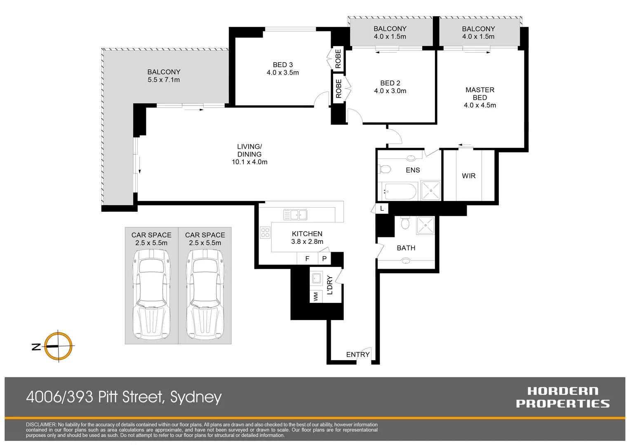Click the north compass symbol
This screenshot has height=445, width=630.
click(x=58, y=346)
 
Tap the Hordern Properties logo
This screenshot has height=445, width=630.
click(x=562, y=397)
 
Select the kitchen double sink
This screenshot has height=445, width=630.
click(x=295, y=215)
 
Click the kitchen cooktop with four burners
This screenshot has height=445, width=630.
click(x=265, y=232)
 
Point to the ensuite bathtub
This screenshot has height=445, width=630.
click(x=400, y=192)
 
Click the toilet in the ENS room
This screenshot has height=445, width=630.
click(x=385, y=169)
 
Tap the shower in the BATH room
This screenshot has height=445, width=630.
click(x=425, y=225)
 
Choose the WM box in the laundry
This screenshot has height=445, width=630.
click(x=316, y=296)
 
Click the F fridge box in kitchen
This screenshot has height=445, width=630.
click(x=307, y=259)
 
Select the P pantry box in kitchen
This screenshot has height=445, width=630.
click(x=324, y=259)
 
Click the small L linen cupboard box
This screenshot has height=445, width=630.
click(x=382, y=208)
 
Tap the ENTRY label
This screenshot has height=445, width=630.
click(x=357, y=354)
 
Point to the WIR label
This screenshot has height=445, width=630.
click(x=469, y=176)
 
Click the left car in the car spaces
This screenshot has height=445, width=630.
click(x=151, y=295)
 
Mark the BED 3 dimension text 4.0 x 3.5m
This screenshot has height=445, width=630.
click(x=283, y=73)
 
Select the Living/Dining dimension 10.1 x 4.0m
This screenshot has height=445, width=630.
click(x=249, y=162)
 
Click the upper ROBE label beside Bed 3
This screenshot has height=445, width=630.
click(x=338, y=59)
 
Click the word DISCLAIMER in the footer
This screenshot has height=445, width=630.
click(x=41, y=424)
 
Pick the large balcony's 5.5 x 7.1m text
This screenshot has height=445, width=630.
click(x=164, y=80)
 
